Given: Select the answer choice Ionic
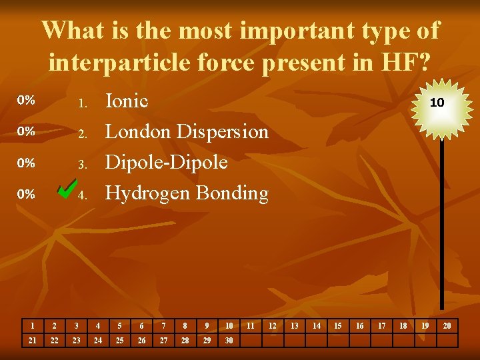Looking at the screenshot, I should pyautogui.click(x=127, y=101).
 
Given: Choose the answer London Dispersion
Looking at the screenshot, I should pyautogui.click(x=187, y=131).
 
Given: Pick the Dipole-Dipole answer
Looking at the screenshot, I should pyautogui.click(x=167, y=162).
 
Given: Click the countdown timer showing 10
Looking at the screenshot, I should pyautogui.click(x=437, y=103).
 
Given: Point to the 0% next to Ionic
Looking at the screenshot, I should pyautogui.click(x=26, y=101).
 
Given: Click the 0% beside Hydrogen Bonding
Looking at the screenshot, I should pyautogui.click(x=26, y=194).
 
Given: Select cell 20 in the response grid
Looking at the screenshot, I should pyautogui.click(x=447, y=325).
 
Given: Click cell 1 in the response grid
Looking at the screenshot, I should pyautogui.click(x=32, y=325).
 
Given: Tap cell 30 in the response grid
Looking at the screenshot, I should pyautogui.click(x=229, y=340).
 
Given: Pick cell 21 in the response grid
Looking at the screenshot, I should pyautogui.click(x=32, y=340).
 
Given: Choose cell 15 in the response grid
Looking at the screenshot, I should pyautogui.click(x=337, y=325).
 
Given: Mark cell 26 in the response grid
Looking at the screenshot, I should pyautogui.click(x=141, y=340).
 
